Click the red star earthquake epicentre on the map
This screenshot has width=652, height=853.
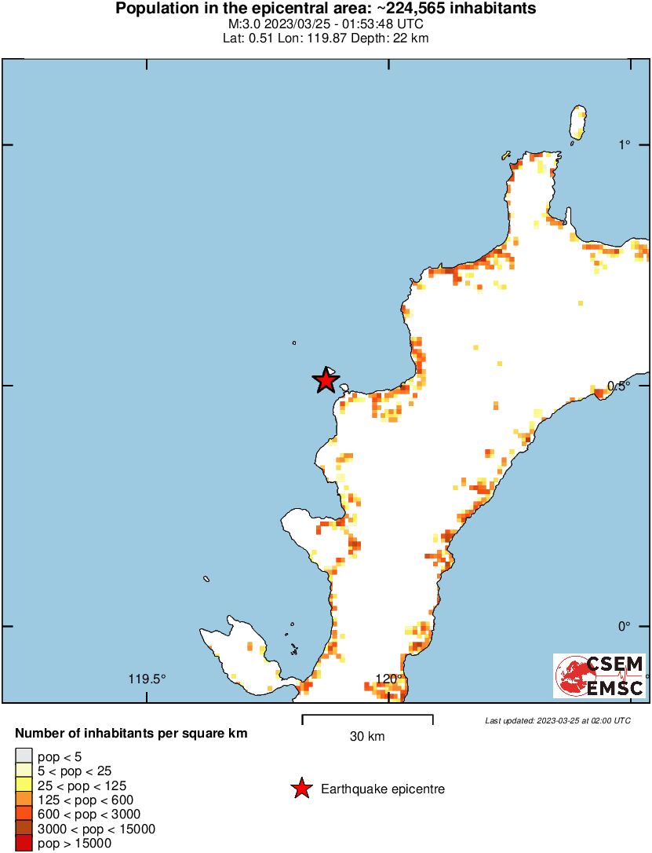(x=326, y=381)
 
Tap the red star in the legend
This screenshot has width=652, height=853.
(x=301, y=789)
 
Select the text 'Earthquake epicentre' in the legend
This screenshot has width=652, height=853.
(x=383, y=789)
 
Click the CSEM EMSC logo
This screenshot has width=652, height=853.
(x=600, y=676)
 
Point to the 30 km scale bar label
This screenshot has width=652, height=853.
(x=367, y=736)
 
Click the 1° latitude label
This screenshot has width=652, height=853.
(x=625, y=145)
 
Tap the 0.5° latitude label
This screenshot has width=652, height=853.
(x=620, y=386)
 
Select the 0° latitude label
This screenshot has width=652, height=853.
(x=625, y=626)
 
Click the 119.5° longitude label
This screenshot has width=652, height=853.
(x=148, y=679)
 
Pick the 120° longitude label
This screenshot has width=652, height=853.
(x=389, y=679)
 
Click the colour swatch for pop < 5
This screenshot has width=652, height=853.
(x=24, y=756)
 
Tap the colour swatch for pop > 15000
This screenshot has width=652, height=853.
(x=24, y=844)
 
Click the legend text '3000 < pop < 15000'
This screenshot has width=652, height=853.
(x=97, y=829)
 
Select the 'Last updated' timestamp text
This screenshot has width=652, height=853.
(x=558, y=720)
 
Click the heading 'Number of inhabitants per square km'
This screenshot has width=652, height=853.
(x=132, y=734)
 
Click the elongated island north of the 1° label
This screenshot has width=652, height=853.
(x=579, y=123)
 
